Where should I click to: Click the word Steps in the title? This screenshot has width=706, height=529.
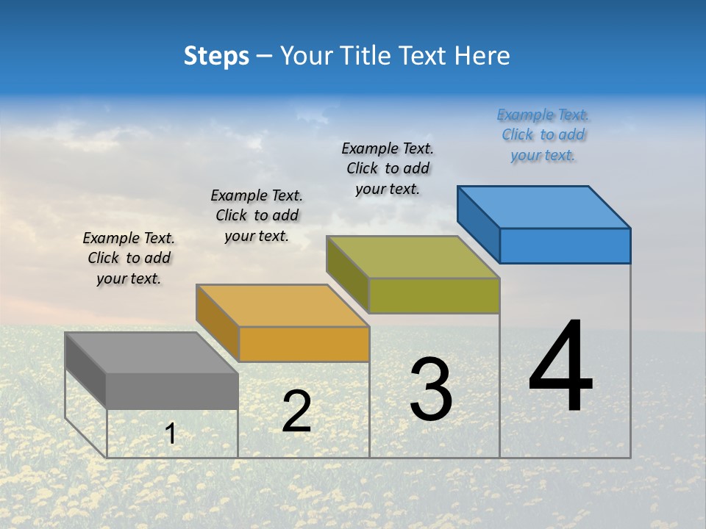pyautogui.click(x=216, y=56)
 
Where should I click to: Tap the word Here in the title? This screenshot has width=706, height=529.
pyautogui.click(x=482, y=56)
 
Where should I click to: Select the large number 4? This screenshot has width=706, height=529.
pyautogui.click(x=560, y=367)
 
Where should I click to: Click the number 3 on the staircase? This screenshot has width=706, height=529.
pyautogui.click(x=431, y=389)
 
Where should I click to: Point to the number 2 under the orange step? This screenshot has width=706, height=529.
pyautogui.click(x=296, y=412)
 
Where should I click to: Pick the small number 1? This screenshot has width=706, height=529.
pyautogui.click(x=171, y=434)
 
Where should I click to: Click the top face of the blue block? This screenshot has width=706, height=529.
pyautogui.click(x=544, y=207)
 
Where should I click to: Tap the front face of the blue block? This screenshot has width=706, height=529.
pyautogui.click(x=565, y=245)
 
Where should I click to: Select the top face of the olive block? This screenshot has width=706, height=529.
pyautogui.click(x=413, y=257)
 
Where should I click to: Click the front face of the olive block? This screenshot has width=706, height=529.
pyautogui.click(x=434, y=295)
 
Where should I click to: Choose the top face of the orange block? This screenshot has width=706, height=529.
pyautogui.click(x=282, y=306)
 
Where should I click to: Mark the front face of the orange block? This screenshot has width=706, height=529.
pyautogui.click(x=304, y=344)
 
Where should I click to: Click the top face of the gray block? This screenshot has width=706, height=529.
pyautogui.click(x=151, y=353)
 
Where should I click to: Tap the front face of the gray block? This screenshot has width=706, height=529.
pyautogui.click(x=172, y=391)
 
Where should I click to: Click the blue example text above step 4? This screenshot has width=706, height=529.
pyautogui.click(x=543, y=135)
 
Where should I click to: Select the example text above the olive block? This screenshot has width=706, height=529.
pyautogui.click(x=388, y=169)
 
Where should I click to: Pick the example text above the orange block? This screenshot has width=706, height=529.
pyautogui.click(x=257, y=216)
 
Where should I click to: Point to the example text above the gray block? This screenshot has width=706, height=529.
pyautogui.click(x=129, y=259)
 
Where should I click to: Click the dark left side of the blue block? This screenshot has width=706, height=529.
pyautogui.click(x=478, y=224)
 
